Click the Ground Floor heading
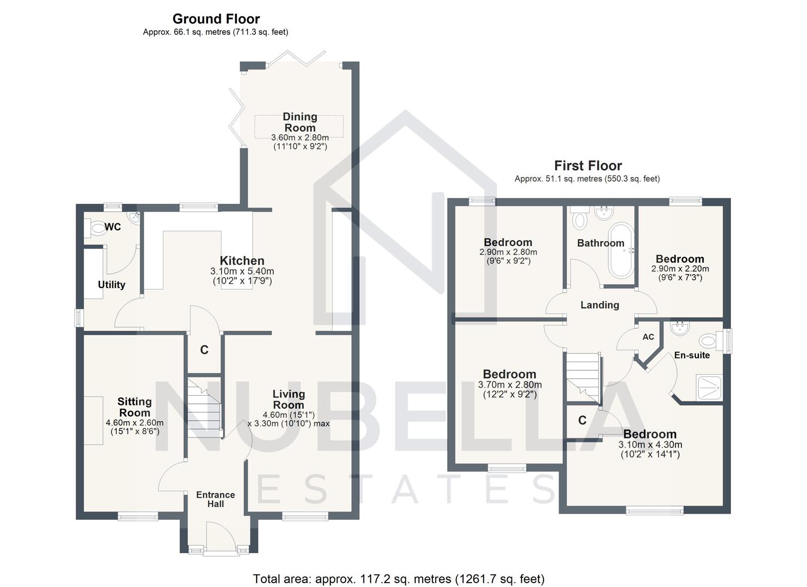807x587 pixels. pyautogui.click(x=216, y=19)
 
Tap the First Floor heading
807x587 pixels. pyautogui.click(x=587, y=166)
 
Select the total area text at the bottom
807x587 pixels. pyautogui.click(x=398, y=578)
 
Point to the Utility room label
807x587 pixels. pyautogui.click(x=111, y=285)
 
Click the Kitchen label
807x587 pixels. pyautogui.click(x=242, y=261)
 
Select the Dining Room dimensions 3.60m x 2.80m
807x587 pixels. pyautogui.click(x=299, y=138)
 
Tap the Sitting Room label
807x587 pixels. pyautogui.click(x=134, y=407)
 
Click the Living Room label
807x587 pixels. pyautogui.click(x=289, y=399)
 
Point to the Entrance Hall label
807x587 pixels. pyautogui.click(x=215, y=499)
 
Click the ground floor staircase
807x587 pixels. pyautogui.click(x=204, y=405)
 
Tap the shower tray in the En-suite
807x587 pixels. pyautogui.click(x=708, y=388)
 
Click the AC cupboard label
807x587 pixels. pyautogui.click(x=648, y=337)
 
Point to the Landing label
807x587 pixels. pyautogui.click(x=599, y=305)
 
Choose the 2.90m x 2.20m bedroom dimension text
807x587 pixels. pyautogui.click(x=680, y=268)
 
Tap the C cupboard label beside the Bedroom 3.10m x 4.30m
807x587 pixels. pyautogui.click(x=582, y=420)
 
